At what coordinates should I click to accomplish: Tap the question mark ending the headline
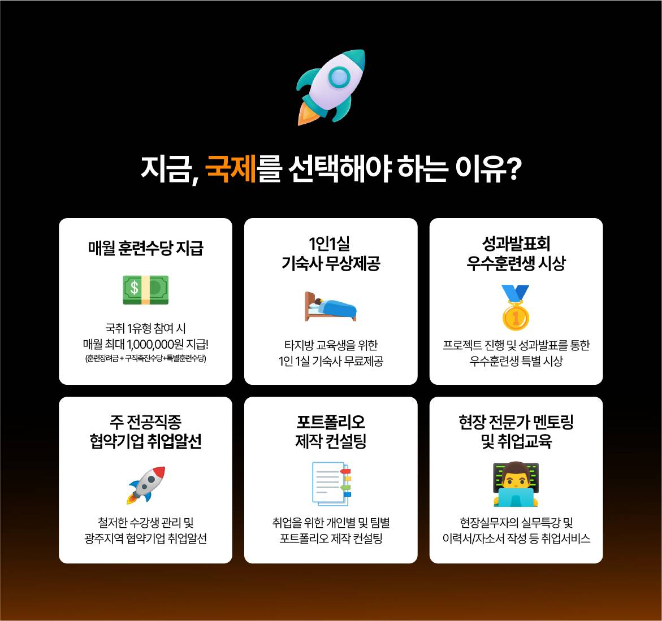(x=513, y=168)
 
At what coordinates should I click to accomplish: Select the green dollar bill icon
(x=145, y=289)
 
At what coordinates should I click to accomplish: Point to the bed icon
(x=330, y=307)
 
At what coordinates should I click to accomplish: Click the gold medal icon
(x=515, y=307)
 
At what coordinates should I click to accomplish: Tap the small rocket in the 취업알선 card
(x=146, y=485)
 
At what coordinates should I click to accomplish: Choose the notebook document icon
(x=331, y=484)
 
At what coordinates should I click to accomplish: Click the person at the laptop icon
(x=516, y=484)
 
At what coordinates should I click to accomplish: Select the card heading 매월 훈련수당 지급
(x=145, y=248)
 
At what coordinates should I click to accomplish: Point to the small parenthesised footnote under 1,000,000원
(x=145, y=358)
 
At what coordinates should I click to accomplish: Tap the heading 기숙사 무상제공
(x=331, y=263)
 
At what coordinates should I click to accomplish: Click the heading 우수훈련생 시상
(x=516, y=263)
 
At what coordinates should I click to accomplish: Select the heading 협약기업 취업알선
(x=145, y=441)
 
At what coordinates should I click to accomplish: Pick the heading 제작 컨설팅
(x=331, y=441)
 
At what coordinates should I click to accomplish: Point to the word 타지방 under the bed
(x=299, y=345)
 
